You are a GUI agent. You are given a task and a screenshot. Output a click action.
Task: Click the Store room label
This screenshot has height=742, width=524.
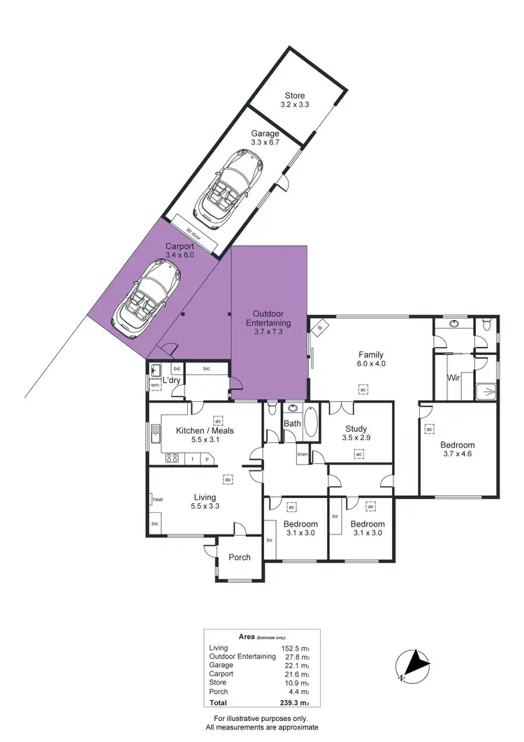294,96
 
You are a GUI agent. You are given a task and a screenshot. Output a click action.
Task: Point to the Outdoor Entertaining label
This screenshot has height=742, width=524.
268,319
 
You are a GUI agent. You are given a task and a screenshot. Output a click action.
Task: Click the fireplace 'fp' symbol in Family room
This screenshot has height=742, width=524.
320,328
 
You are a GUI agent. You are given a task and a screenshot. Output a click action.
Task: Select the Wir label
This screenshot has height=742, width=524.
453,378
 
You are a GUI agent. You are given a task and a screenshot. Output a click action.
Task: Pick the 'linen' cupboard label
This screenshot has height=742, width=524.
302,455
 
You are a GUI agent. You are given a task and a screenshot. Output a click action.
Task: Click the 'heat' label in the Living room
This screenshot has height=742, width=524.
157,499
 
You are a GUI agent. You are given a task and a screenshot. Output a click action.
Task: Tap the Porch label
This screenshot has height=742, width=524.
240,557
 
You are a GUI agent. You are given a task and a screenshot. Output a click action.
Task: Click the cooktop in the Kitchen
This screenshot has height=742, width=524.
171,458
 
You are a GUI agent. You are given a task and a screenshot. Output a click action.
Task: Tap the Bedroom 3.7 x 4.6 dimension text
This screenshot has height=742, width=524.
457,455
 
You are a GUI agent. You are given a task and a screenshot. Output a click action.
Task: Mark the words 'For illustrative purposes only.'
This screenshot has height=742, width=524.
262,718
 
